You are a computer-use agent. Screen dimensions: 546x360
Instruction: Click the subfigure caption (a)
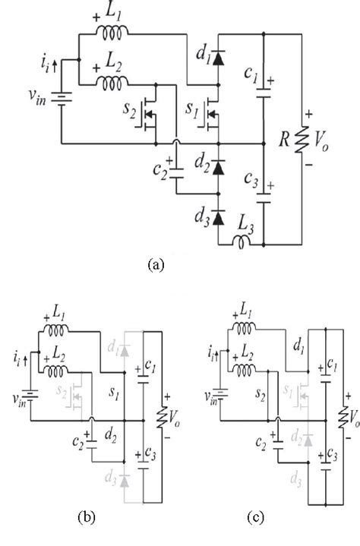(x=155, y=264)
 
